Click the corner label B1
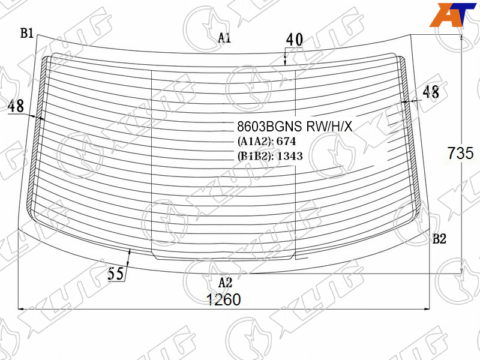tap(27, 33)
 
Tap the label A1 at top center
tap(224, 38)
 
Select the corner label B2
tap(439, 238)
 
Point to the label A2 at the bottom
tap(226, 283)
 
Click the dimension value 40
tap(295, 40)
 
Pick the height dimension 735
tap(460, 153)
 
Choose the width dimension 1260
tap(224, 299)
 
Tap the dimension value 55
tap(116, 274)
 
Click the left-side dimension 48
tap(16, 106)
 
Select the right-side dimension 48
tap(431, 92)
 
